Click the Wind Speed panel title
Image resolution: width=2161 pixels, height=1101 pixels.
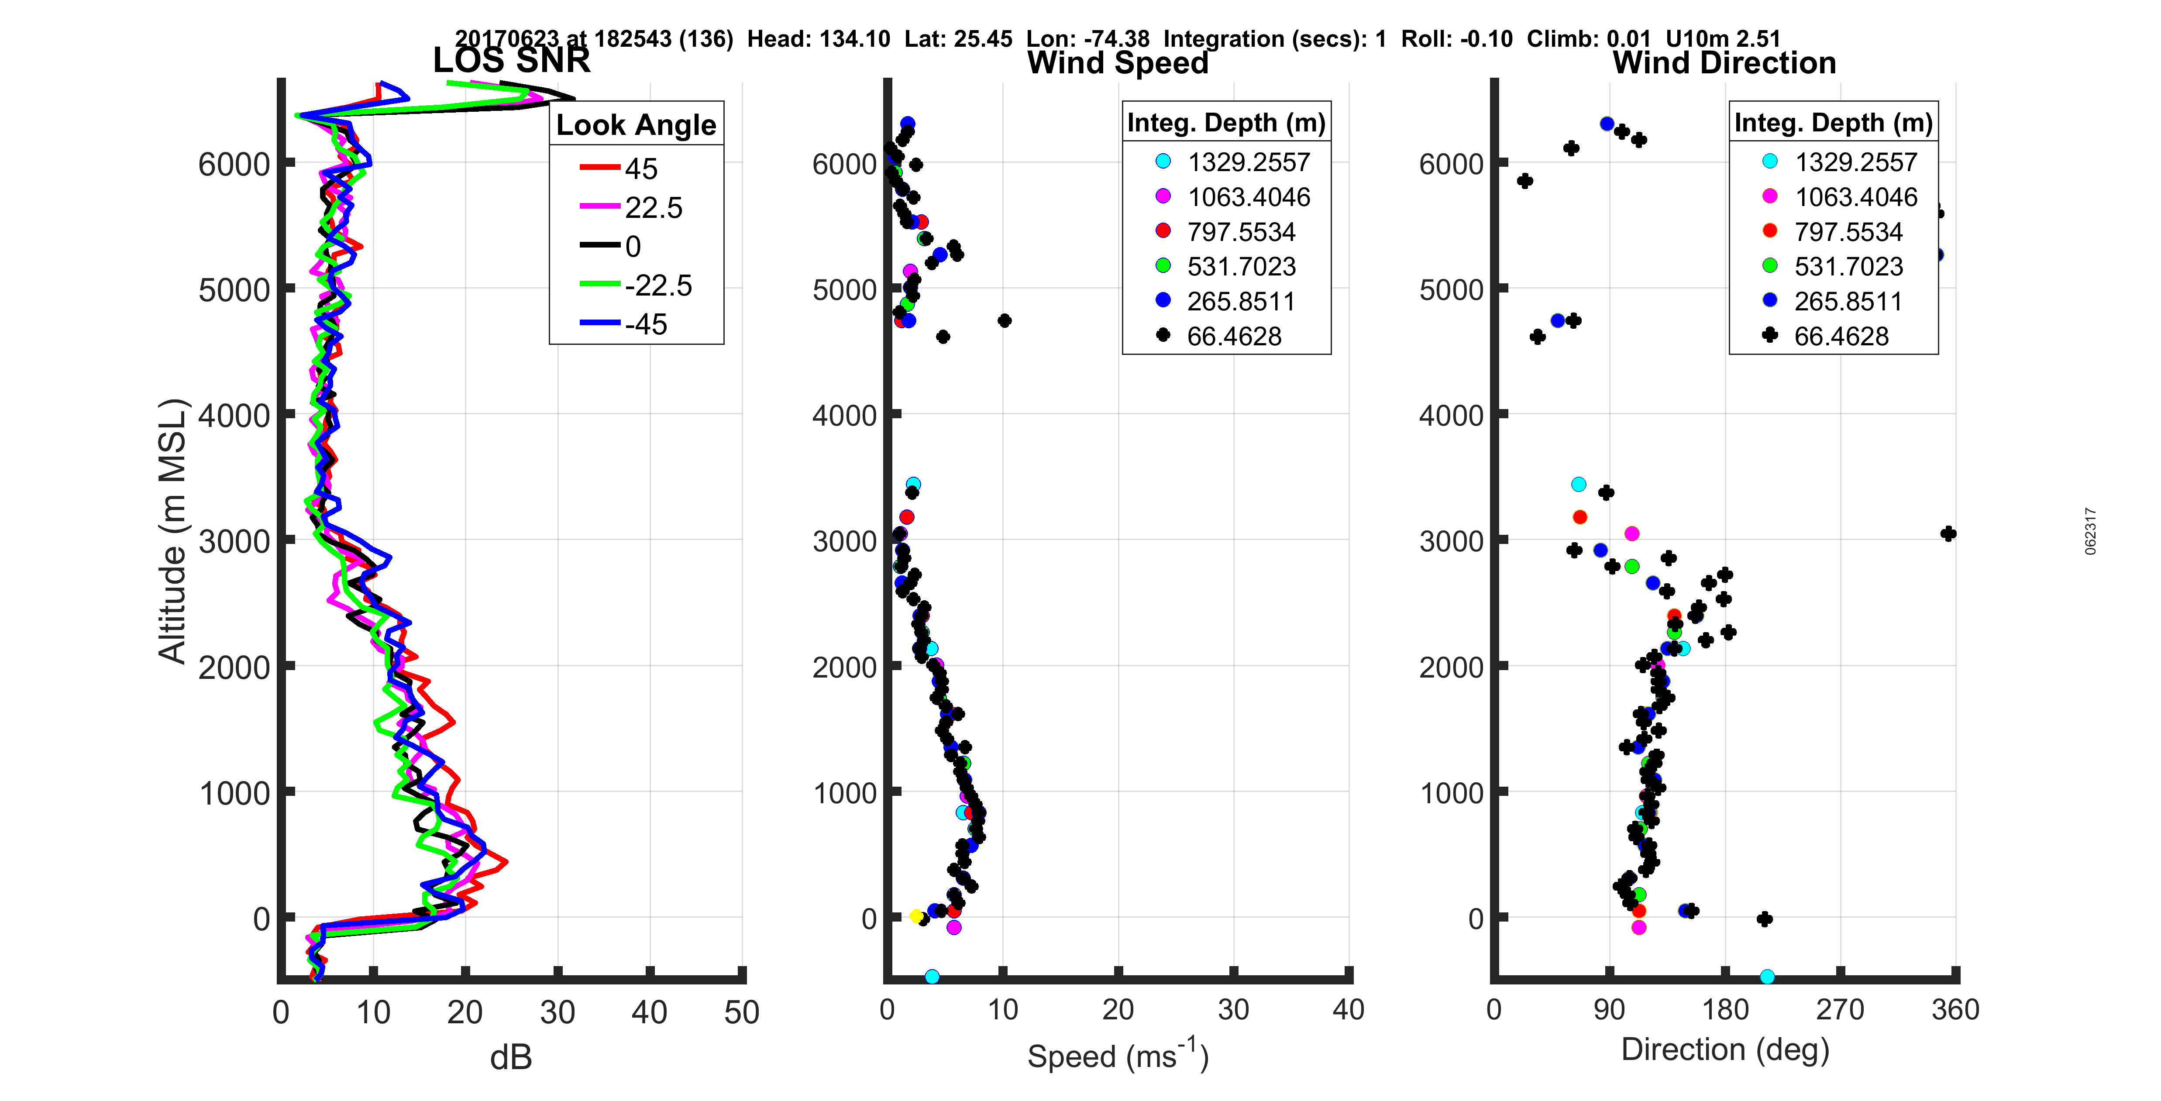pyautogui.click(x=1118, y=63)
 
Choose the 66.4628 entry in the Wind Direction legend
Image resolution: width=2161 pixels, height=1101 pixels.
pyautogui.click(x=1841, y=337)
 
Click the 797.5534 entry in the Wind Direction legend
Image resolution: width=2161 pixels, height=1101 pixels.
pyautogui.click(x=1848, y=232)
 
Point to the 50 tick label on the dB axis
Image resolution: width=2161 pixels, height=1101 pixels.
pyautogui.click(x=742, y=1012)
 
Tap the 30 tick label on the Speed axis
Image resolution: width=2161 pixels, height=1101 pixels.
pyautogui.click(x=1233, y=1009)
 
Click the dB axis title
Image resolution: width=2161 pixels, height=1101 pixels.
pyautogui.click(x=511, y=1057)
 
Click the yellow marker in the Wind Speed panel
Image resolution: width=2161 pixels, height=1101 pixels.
pyautogui.click(x=917, y=916)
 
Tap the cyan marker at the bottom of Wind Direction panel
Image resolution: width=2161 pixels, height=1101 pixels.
pyautogui.click(x=1767, y=976)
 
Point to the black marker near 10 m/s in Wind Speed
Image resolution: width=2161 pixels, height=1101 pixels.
pyautogui.click(x=1004, y=320)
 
